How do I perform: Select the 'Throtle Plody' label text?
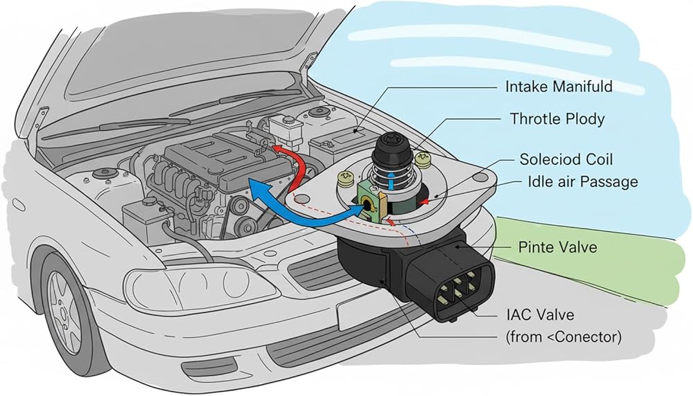(x=557, y=118)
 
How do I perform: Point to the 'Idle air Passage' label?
(x=573, y=182)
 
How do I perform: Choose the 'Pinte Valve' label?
(x=557, y=247)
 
